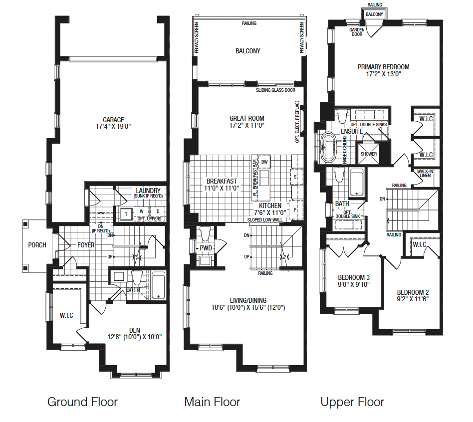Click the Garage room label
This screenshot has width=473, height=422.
point(113,123)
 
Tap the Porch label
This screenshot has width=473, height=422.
point(37,245)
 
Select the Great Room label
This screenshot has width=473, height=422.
point(247,122)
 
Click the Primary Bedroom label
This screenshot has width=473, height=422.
point(383,70)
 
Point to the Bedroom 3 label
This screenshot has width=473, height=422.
point(354,281)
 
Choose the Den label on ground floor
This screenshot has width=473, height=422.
point(135,334)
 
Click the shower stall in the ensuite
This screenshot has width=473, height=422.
point(369,154)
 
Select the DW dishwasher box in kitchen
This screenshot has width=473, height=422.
point(264,162)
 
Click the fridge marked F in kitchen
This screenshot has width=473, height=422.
point(295,210)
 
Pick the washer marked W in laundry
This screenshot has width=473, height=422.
point(142,211)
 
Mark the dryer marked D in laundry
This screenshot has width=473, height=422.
point(158,211)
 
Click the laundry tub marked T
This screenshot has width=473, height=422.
point(126,214)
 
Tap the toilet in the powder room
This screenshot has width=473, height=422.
point(206,233)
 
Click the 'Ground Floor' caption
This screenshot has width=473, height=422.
point(82,402)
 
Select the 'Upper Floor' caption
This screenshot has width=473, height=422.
point(352,402)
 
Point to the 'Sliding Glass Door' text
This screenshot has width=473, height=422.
point(276,90)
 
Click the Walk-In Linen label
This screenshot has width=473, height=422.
point(425,173)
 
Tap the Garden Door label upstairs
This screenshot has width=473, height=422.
point(357,32)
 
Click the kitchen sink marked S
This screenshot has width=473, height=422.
point(295,177)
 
